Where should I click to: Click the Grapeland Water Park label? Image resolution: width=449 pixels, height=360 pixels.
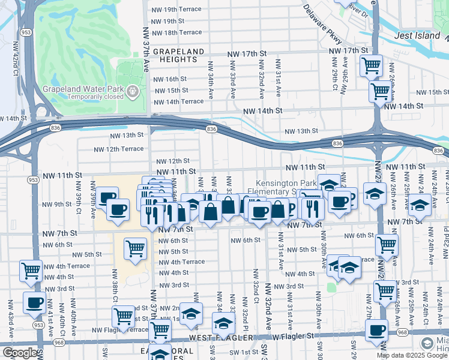coord(83,92)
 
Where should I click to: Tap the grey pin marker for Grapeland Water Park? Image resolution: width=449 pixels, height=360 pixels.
coord(133,92)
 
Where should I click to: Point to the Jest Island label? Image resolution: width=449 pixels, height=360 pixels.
coord(417,36)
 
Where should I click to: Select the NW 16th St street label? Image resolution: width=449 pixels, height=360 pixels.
coord(170,79)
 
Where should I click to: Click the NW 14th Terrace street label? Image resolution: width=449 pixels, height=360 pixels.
coord(179,101)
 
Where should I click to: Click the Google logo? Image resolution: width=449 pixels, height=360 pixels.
coord(19,353)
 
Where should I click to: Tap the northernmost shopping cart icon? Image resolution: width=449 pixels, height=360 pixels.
coord(371,64)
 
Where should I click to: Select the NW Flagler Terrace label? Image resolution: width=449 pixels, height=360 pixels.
coord(121,330)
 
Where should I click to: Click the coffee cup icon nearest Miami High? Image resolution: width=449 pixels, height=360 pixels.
coord(377,329)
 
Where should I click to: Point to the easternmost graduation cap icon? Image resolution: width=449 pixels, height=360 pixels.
coord(420,204)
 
